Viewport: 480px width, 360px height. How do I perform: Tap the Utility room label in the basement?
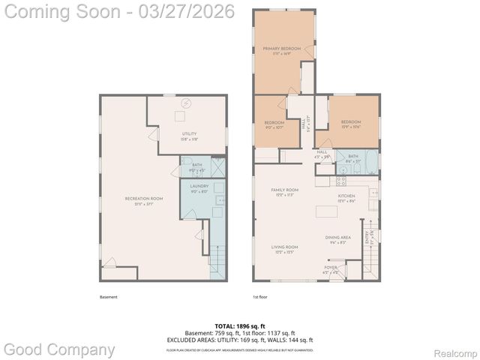(189, 136)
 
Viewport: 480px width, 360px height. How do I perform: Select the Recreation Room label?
(139, 200)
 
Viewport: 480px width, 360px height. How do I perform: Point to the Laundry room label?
(199, 187)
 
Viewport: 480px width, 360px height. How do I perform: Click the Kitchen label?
(344, 198)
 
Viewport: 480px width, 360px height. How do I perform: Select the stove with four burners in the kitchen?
(341, 179)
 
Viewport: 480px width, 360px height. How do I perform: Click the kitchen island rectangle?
(325, 212)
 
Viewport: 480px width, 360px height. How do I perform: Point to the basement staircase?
(216, 263)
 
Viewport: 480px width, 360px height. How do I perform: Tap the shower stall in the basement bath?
(217, 166)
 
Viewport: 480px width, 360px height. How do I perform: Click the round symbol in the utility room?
(186, 103)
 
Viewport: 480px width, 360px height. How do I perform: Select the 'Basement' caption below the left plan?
(109, 297)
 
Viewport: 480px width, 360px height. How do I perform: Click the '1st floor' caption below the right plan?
(260, 297)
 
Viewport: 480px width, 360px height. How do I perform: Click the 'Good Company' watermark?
(59, 349)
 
